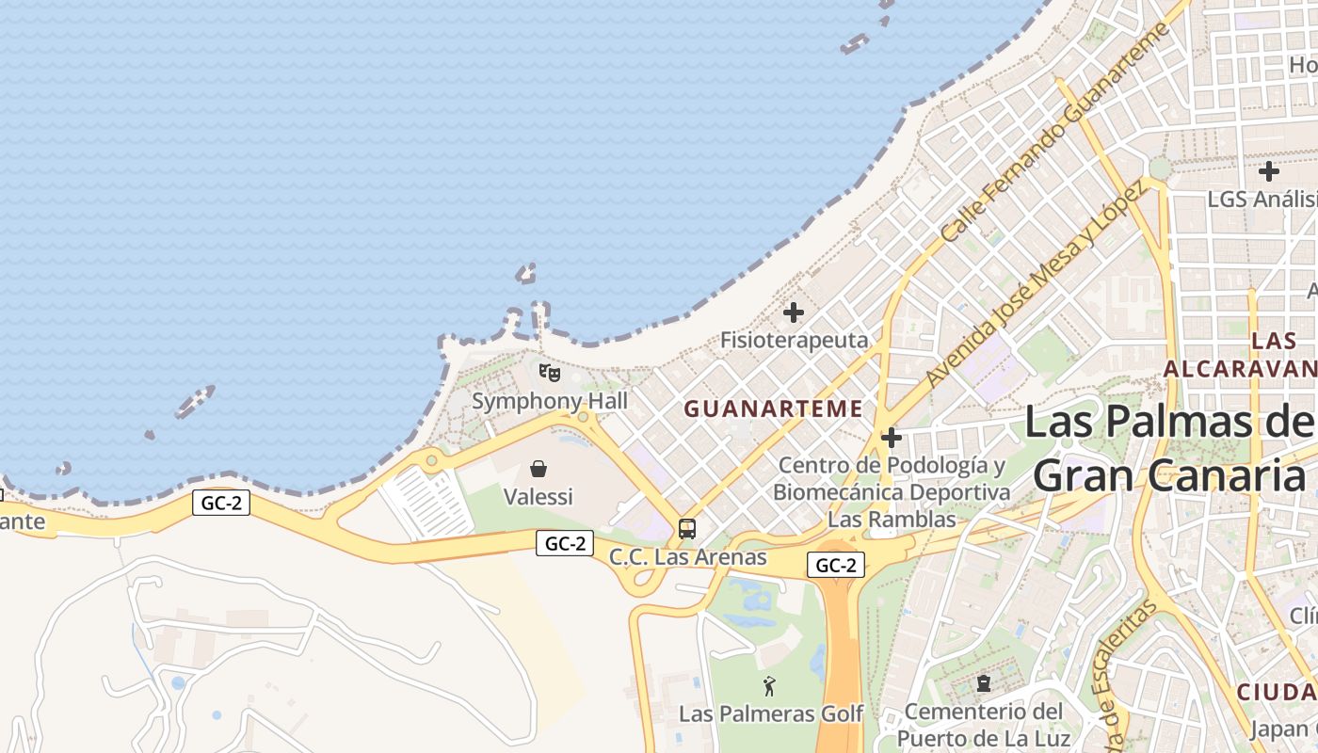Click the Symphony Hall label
550,401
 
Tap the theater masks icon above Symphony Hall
550,373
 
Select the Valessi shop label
538,496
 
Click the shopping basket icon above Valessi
538,468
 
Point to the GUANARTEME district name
773,409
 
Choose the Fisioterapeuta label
794,340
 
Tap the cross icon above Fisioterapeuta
794,312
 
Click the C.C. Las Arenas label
687,557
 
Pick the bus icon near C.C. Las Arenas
687,529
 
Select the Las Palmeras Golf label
770,713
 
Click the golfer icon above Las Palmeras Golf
770,686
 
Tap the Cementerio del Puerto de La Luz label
984,724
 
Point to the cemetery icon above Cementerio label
984,682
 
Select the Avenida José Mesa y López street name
1036,282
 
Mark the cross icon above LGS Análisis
1269,171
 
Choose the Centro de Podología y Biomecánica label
892,491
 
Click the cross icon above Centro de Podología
892,438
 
